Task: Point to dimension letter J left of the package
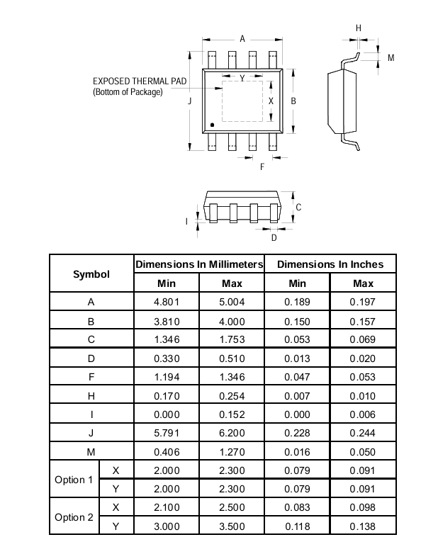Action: [x=189, y=101]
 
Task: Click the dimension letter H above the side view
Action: [x=358, y=28]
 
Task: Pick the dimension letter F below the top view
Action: [x=262, y=167]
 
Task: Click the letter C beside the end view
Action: [x=298, y=208]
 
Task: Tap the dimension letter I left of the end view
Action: [x=187, y=221]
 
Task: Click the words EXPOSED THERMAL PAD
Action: [x=140, y=81]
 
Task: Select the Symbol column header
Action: [x=91, y=273]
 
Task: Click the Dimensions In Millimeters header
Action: [x=199, y=264]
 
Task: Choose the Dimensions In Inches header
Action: [x=330, y=264]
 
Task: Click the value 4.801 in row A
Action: [x=166, y=302]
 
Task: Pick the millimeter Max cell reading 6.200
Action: [x=232, y=432]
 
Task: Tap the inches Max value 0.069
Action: [x=363, y=339]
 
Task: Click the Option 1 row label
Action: [x=74, y=480]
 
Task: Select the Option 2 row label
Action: [x=74, y=517]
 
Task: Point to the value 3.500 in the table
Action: [x=232, y=526]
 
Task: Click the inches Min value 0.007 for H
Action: [x=297, y=395]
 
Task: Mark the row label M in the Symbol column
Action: [x=91, y=451]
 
